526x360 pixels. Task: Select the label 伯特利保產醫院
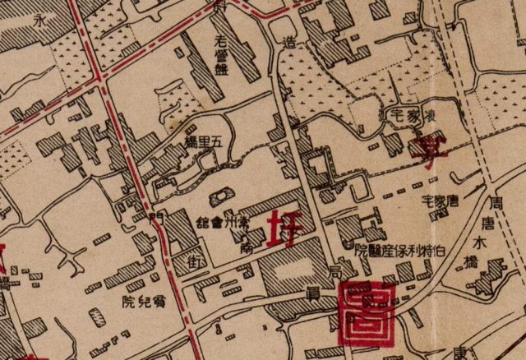(400, 249)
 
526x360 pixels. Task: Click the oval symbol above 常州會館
(220, 196)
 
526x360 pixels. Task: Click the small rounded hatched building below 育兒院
(98, 317)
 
